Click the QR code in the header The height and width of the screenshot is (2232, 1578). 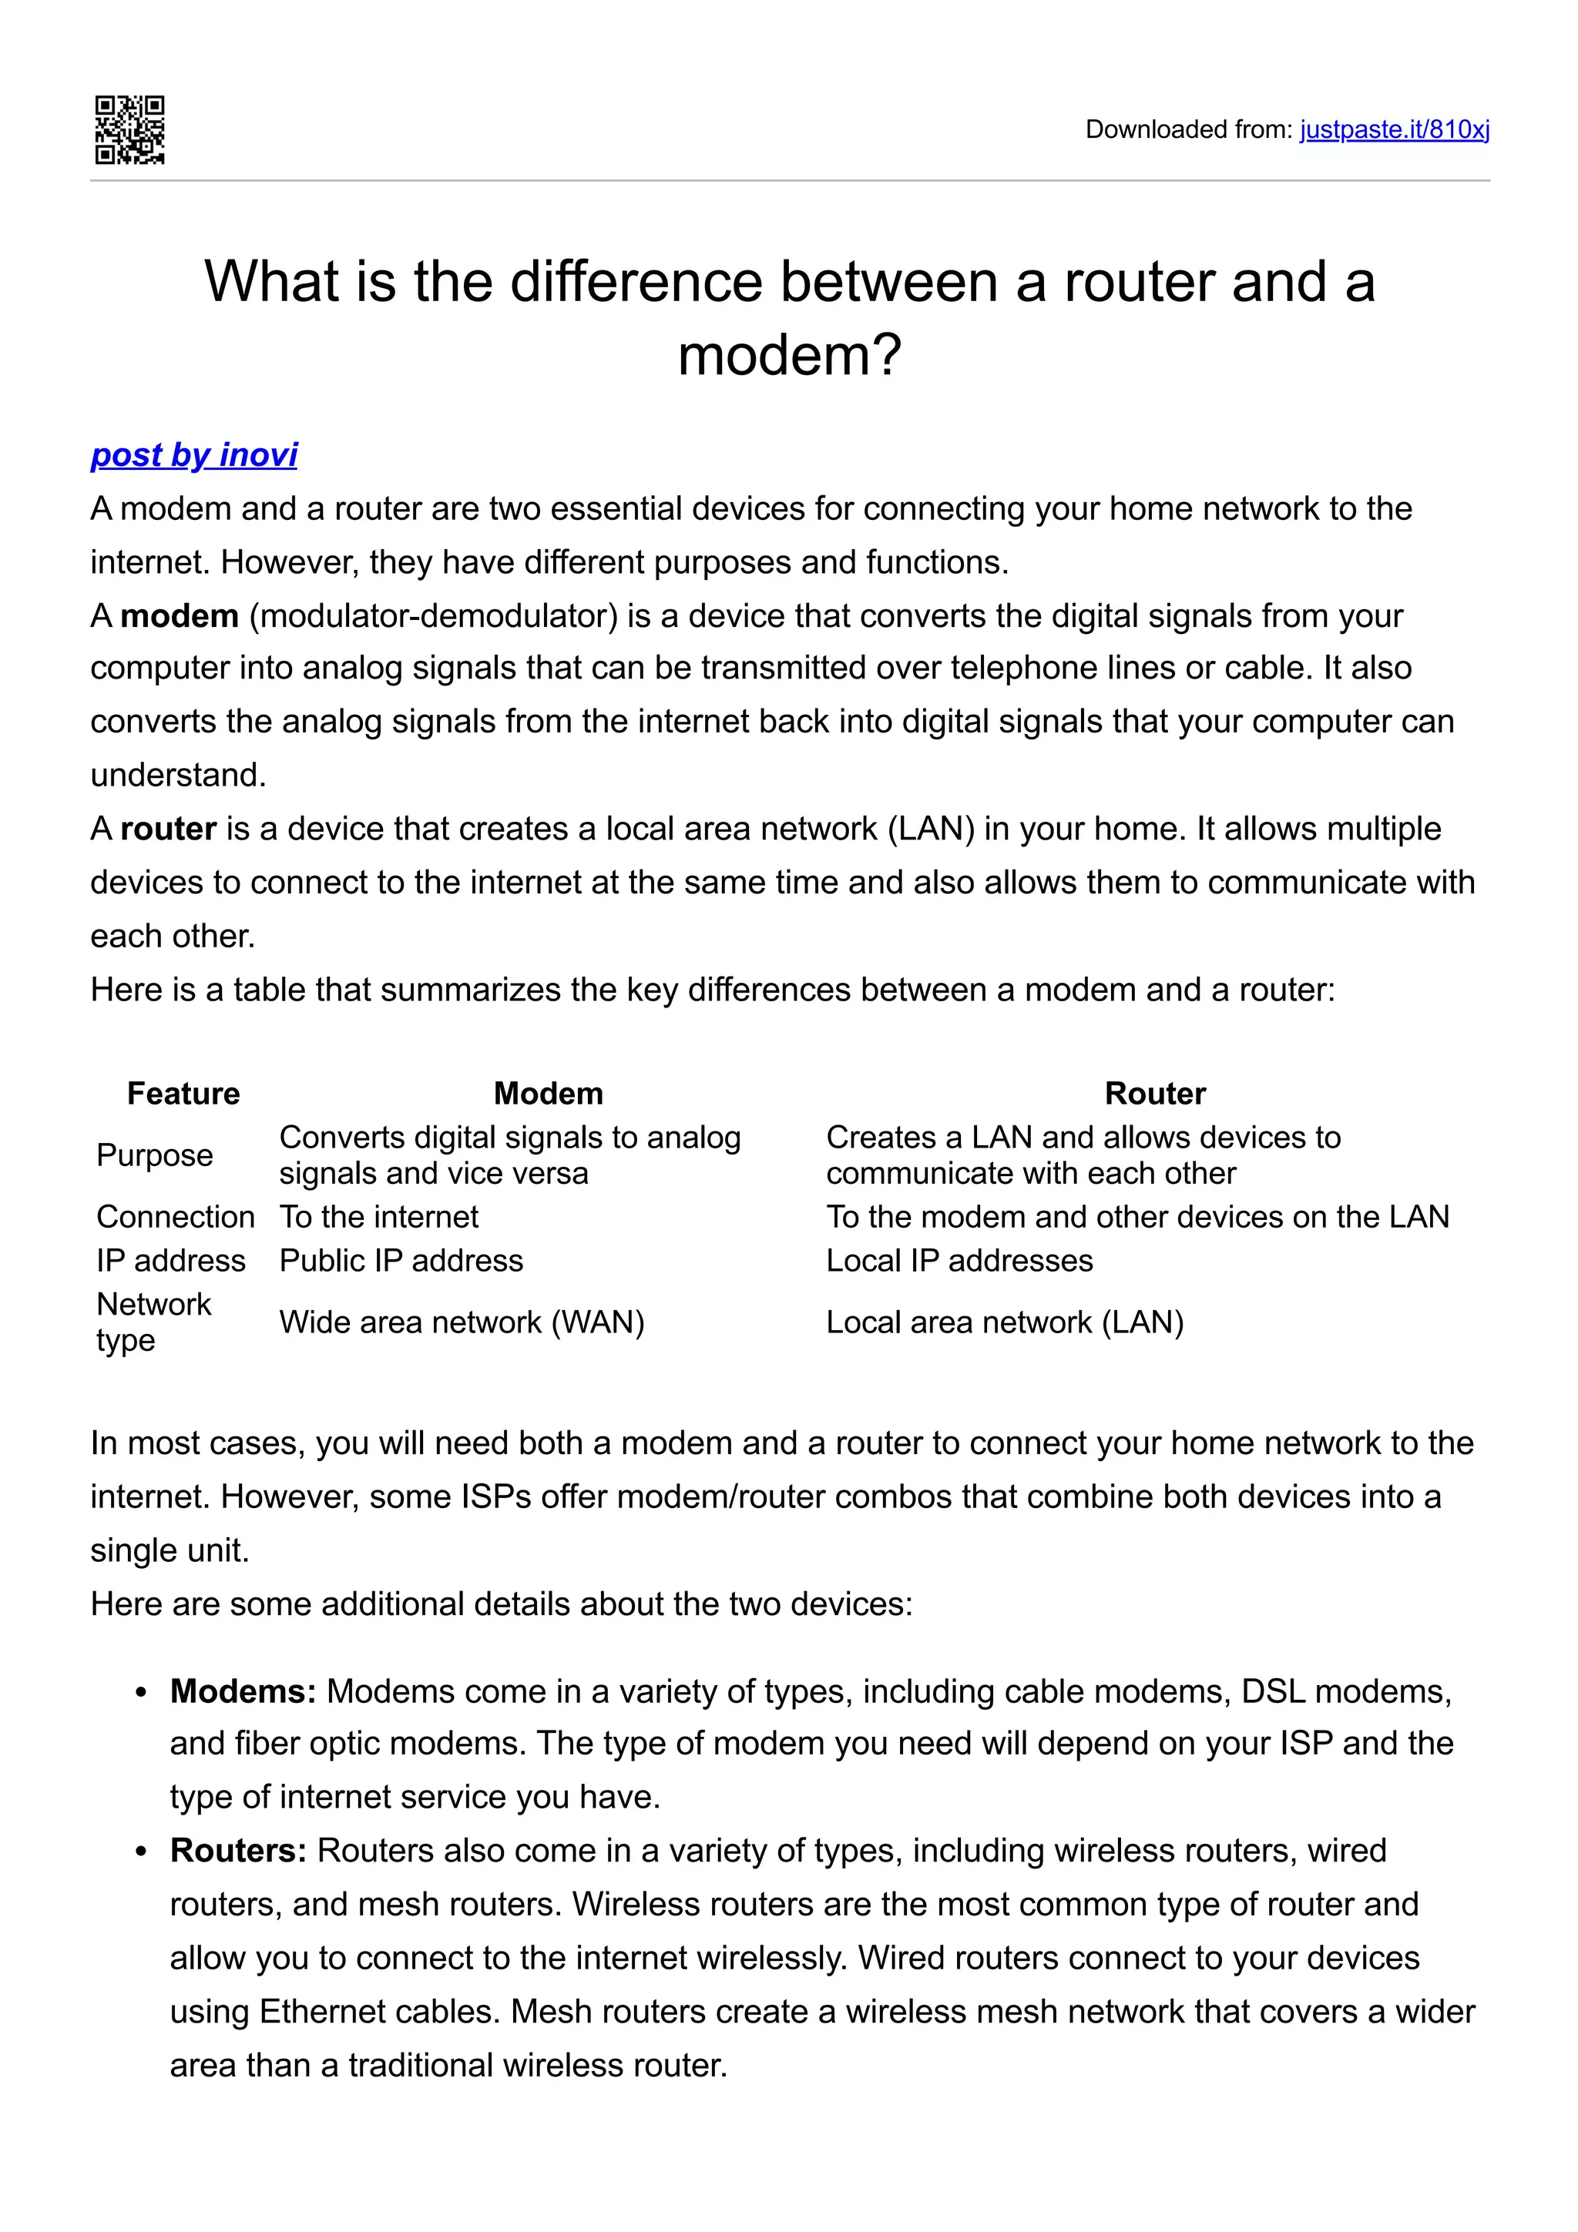[129, 129]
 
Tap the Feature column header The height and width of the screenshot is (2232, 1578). [183, 1093]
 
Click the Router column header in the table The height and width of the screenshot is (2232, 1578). [1154, 1093]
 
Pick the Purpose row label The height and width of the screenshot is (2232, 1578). [155, 1155]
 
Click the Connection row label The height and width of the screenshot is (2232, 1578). [175, 1216]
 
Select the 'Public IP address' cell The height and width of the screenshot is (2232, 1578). [401, 1260]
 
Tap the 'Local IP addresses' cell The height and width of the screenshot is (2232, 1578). [959, 1260]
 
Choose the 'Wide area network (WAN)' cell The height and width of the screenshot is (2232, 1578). [462, 1322]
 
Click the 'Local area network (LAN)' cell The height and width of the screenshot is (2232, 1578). [1005, 1322]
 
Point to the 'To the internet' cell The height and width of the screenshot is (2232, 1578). [378, 1216]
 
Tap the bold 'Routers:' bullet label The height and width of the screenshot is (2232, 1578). [238, 1850]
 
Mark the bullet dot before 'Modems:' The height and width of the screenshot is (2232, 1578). [142, 1694]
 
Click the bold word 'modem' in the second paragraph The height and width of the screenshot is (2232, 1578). [179, 615]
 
